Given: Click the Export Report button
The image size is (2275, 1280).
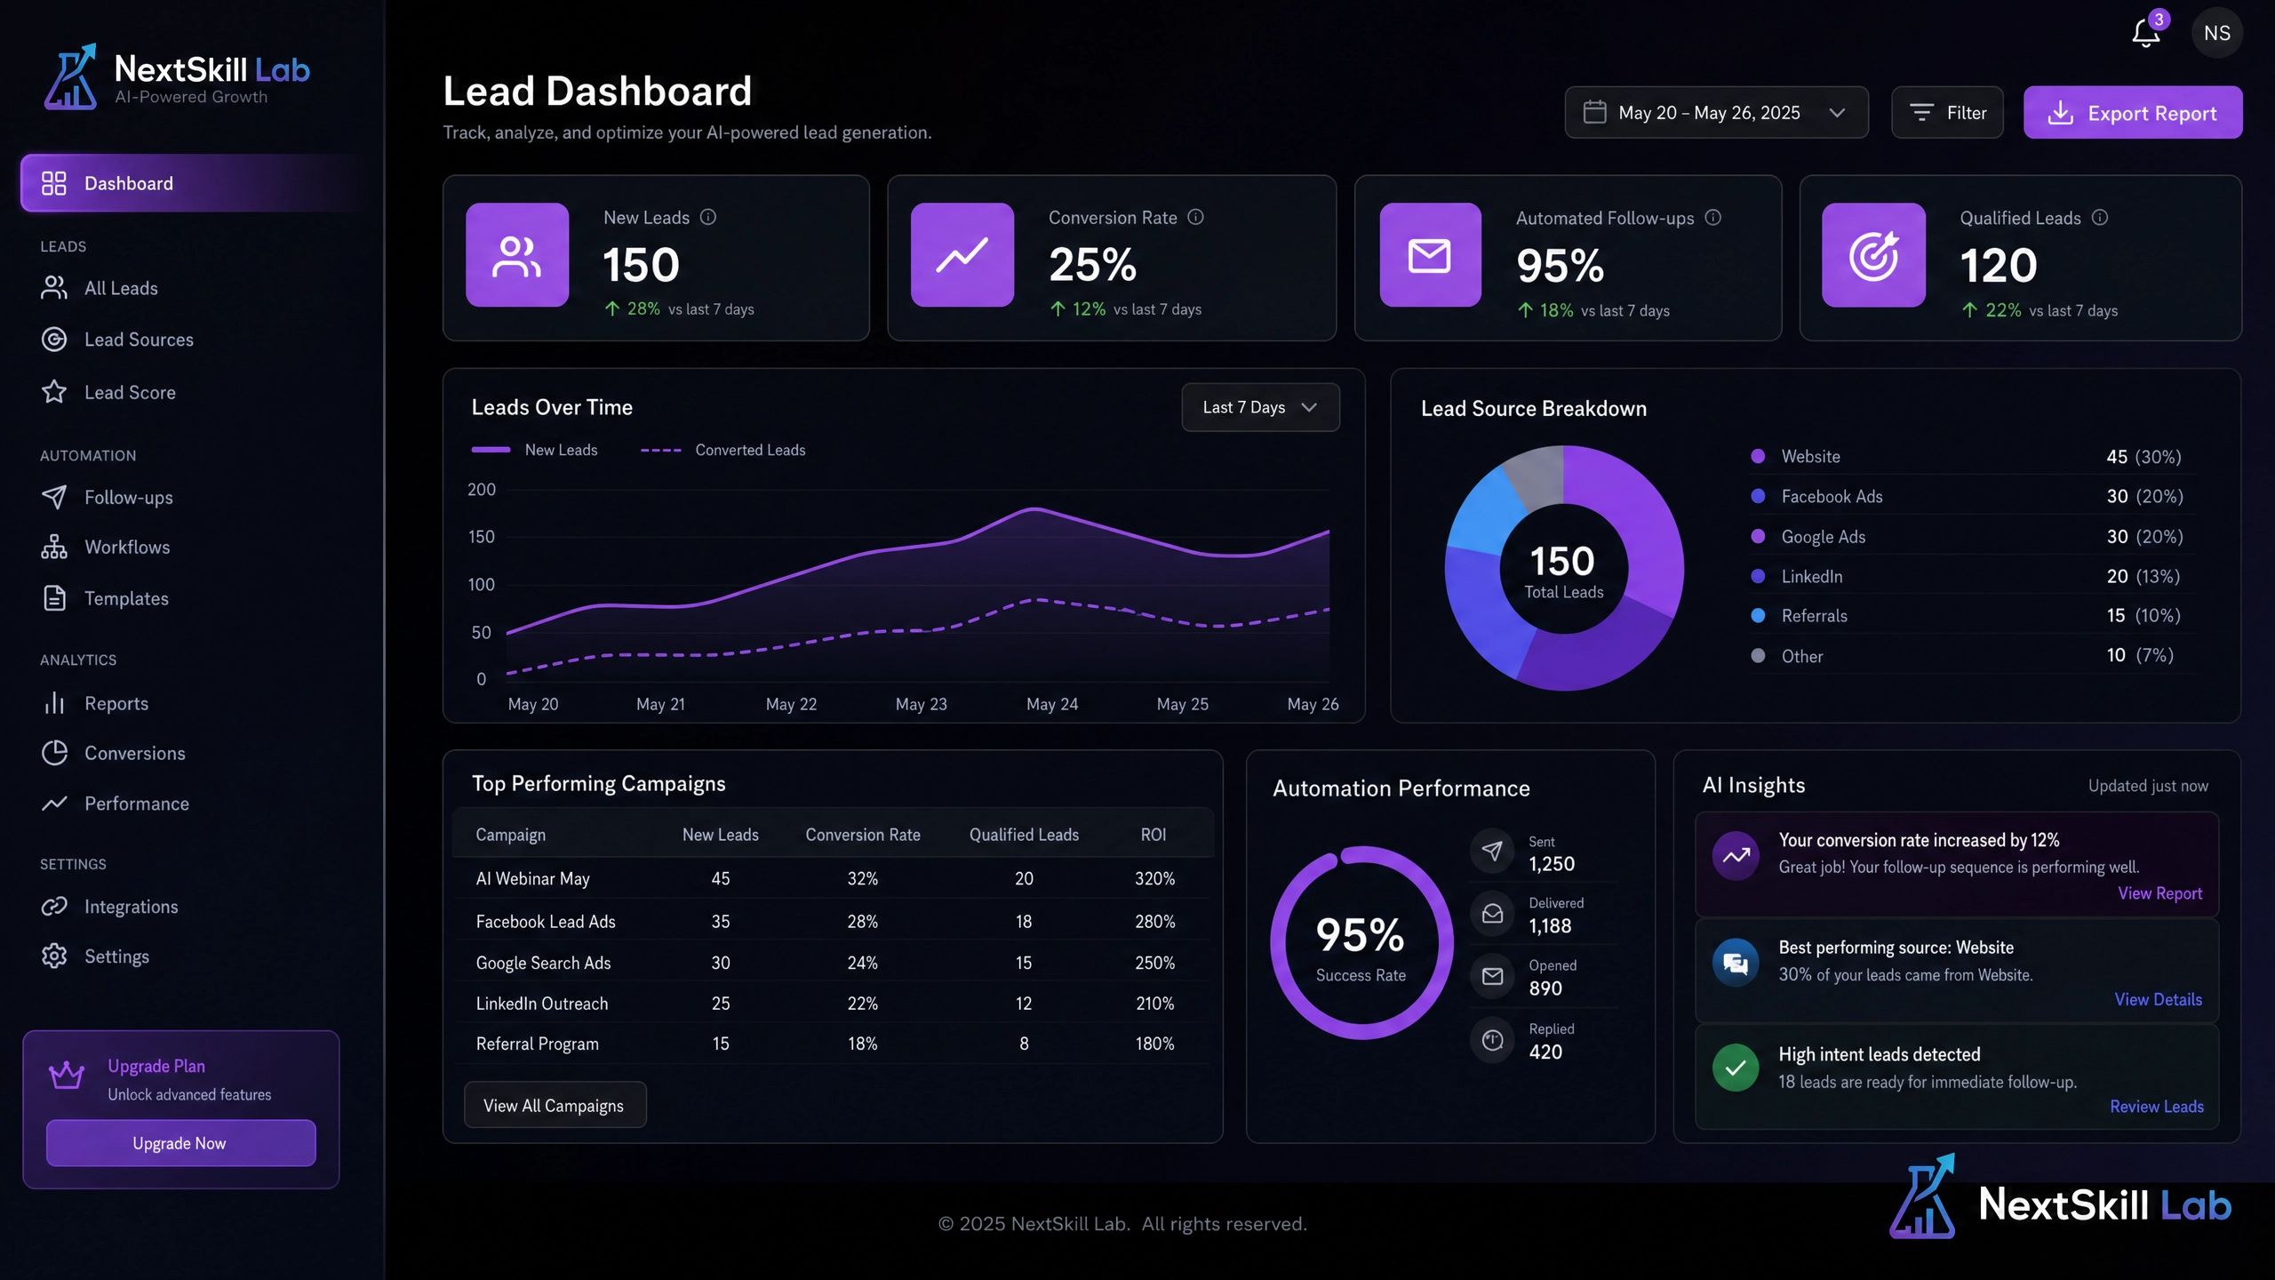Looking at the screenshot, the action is [x=2133, y=113].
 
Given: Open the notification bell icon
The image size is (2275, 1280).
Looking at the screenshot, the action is [x=2145, y=34].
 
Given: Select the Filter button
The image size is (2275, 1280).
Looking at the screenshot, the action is [x=1947, y=113].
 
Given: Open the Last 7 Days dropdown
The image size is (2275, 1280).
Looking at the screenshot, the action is [x=1260, y=407].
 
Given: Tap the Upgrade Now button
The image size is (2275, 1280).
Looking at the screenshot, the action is [x=180, y=1143].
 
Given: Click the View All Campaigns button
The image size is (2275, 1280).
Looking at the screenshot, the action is [x=555, y=1106].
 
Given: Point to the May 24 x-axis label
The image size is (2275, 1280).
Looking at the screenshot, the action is [x=1052, y=704].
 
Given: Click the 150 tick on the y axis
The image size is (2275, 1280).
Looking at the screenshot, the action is [x=482, y=537].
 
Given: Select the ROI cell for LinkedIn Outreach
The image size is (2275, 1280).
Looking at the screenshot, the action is [x=1154, y=1004].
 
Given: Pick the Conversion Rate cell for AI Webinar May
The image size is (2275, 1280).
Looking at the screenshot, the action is [x=862, y=878].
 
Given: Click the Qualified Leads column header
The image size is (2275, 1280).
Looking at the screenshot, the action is [x=1024, y=835].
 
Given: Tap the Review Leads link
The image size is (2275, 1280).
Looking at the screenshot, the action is [x=2157, y=1107].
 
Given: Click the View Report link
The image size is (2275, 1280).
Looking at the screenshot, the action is [x=2160, y=893].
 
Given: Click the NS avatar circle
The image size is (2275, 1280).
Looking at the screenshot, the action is [x=2217, y=33].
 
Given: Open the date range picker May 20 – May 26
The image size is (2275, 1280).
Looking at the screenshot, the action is [x=1716, y=113].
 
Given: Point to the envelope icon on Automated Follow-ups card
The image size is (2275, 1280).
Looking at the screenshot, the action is [x=1430, y=256].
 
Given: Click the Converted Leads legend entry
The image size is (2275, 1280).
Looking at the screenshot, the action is [x=723, y=451].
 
